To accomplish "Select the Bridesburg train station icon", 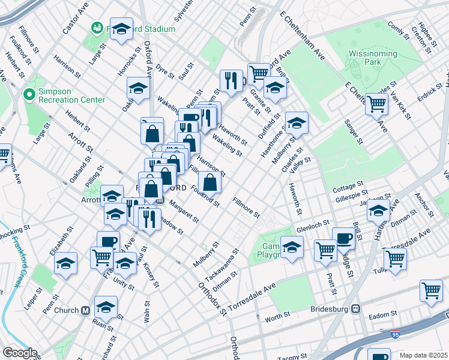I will coord(355,310).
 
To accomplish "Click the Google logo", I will coord(19,353).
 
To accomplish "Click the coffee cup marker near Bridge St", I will coord(343,238).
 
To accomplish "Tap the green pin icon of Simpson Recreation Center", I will coord(28,94).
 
